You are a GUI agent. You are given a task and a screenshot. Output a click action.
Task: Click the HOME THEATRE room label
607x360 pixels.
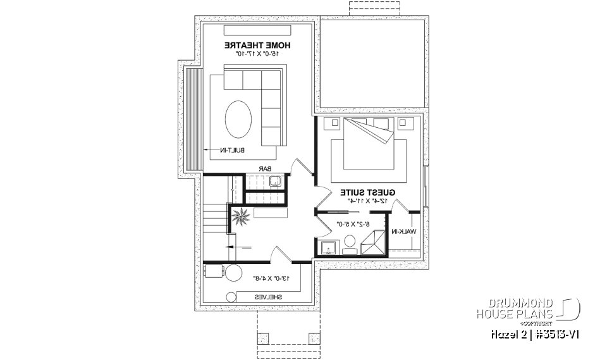[257, 46]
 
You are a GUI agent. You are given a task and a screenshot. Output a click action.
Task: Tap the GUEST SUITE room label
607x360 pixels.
[367, 192]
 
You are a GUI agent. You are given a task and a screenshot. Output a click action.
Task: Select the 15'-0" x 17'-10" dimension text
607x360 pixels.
[257, 54]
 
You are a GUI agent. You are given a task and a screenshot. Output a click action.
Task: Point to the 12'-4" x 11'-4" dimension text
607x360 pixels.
[367, 201]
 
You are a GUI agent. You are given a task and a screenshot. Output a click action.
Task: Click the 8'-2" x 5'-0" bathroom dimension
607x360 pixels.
[352, 223]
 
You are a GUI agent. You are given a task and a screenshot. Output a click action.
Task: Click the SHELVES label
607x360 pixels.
[268, 296]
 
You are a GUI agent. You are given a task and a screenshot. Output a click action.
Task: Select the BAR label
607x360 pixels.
[265, 169]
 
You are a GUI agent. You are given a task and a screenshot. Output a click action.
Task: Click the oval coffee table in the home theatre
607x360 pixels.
[239, 118]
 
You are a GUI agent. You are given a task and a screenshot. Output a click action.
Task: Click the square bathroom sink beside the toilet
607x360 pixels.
[328, 246]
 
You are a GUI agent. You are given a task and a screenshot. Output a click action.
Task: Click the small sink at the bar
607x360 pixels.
[275, 182]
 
